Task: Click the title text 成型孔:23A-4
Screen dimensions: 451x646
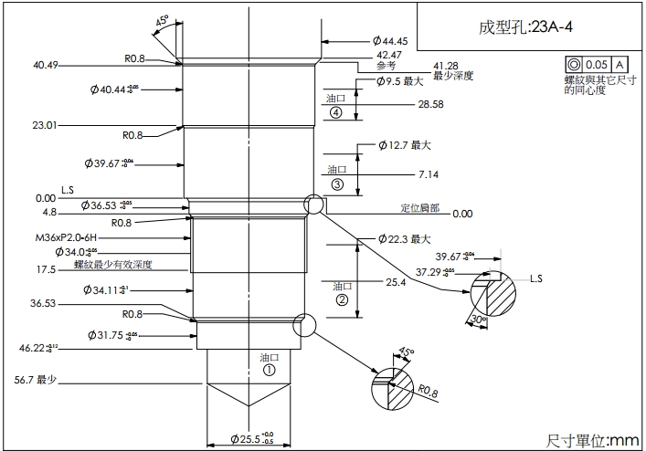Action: pyautogui.click(x=526, y=26)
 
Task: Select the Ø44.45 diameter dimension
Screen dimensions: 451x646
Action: pyautogui.click(x=389, y=41)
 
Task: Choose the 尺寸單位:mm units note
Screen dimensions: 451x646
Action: pyautogui.click(x=592, y=440)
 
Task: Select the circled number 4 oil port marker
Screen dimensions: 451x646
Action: pyautogui.click(x=336, y=112)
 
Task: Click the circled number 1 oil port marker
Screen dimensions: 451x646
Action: pyautogui.click(x=269, y=371)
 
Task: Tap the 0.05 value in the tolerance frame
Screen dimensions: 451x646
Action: pyautogui.click(x=597, y=65)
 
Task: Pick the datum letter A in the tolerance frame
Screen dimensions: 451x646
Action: pyautogui.click(x=620, y=65)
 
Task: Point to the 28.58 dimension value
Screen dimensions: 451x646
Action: pyautogui.click(x=430, y=105)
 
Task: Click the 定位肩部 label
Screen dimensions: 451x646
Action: pyautogui.click(x=419, y=208)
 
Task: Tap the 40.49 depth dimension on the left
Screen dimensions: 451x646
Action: pyautogui.click(x=45, y=65)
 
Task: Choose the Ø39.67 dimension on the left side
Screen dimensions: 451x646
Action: pyautogui.click(x=119, y=163)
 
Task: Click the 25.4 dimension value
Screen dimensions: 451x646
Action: pyautogui.click(x=396, y=283)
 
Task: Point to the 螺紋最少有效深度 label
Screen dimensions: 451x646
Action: pyautogui.click(x=112, y=265)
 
